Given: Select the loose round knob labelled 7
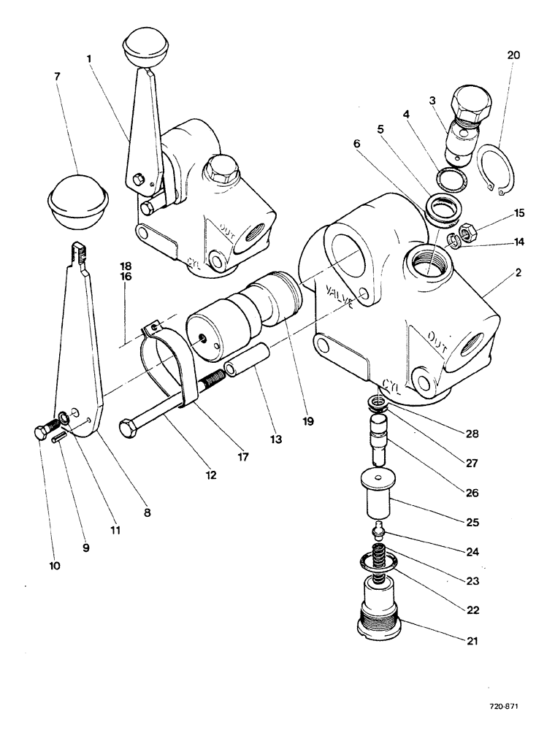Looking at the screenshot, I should pyautogui.click(x=77, y=197).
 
